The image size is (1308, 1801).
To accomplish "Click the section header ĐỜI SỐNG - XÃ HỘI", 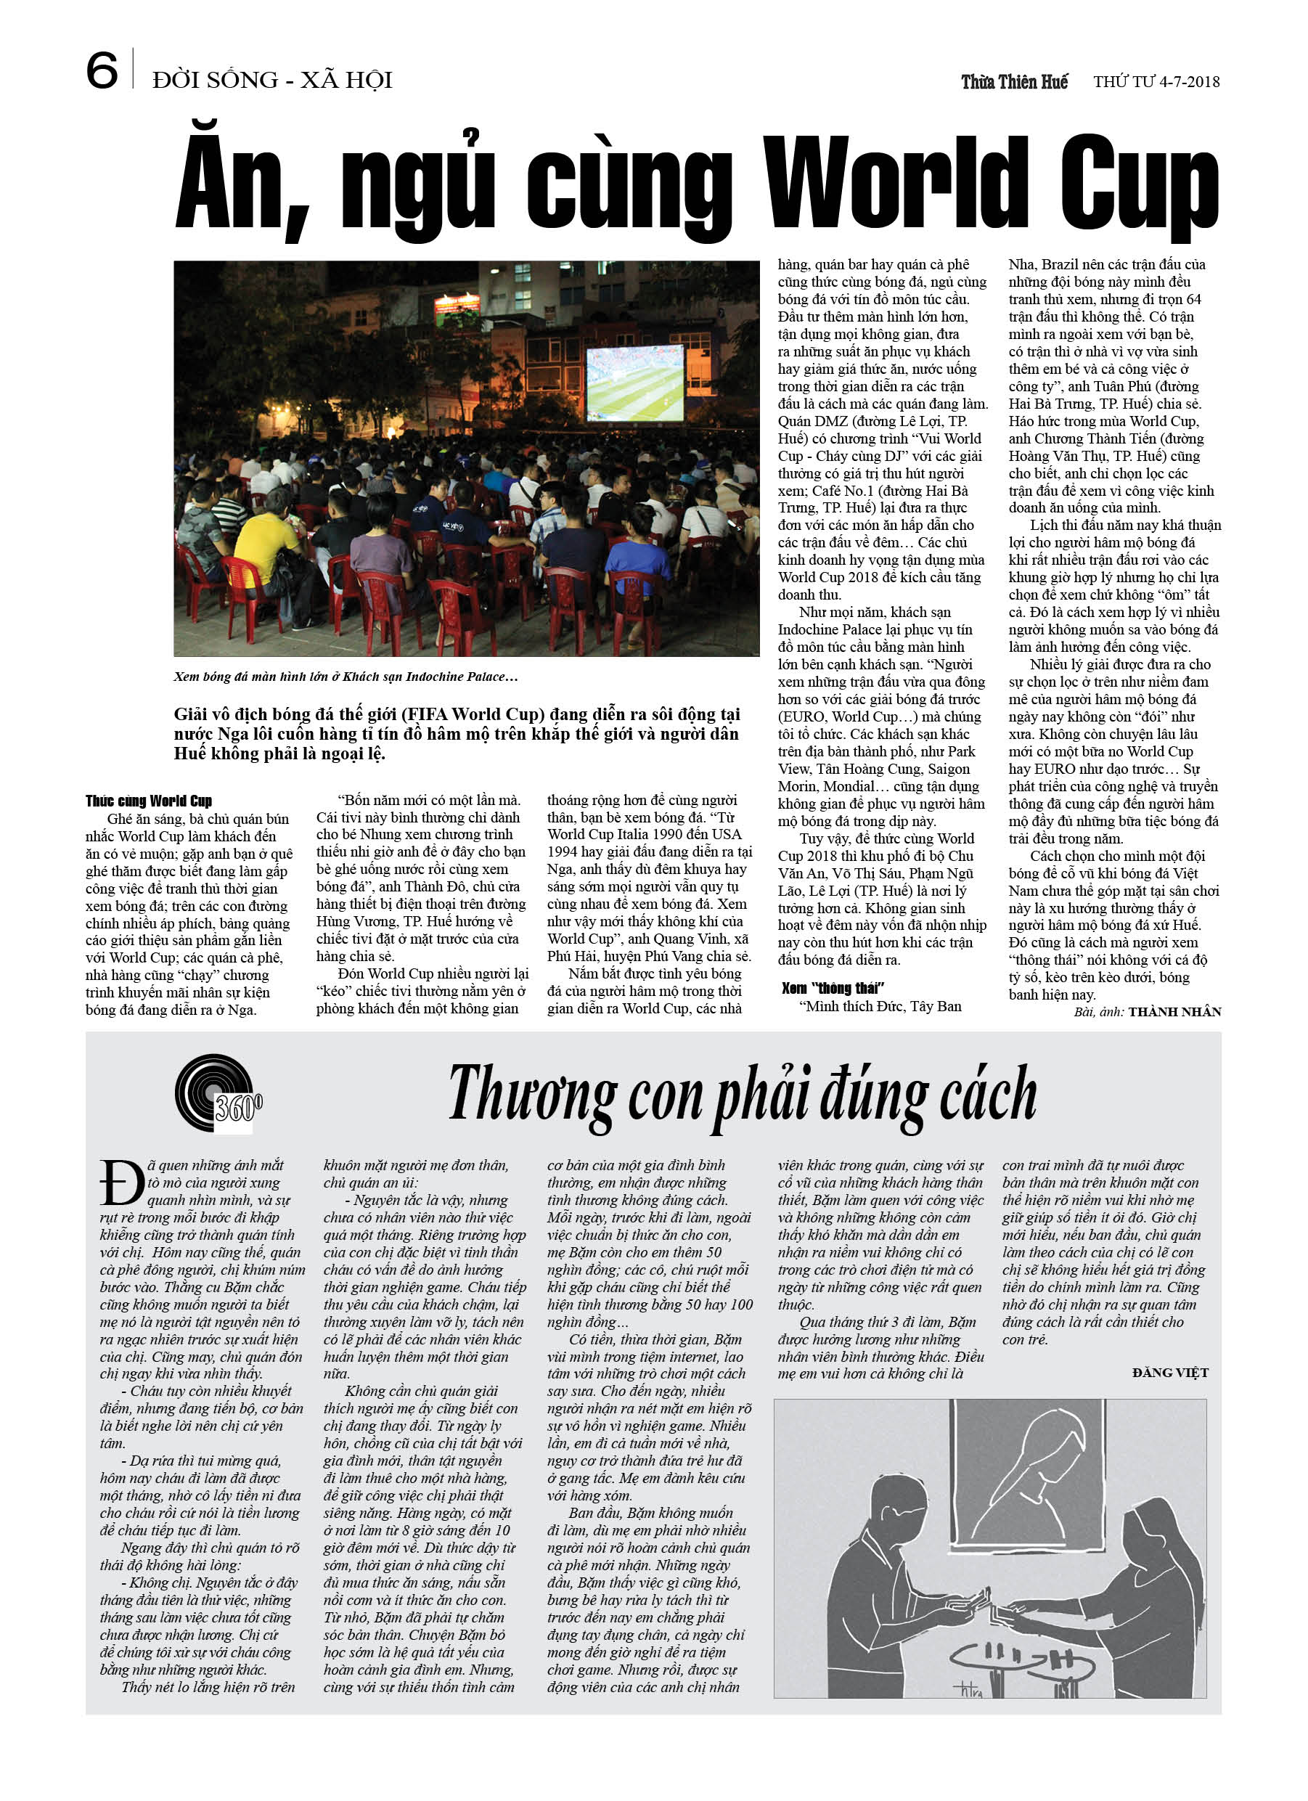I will pos(272,80).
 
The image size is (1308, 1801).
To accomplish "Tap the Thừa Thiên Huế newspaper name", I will pos(1014,82).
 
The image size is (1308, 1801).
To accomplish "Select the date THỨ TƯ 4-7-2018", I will pos(1156,82).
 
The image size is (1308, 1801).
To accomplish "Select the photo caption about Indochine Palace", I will pos(346,677).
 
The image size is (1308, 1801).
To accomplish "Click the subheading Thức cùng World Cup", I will pos(149,801).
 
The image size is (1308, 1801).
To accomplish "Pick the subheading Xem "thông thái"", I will pos(833,988).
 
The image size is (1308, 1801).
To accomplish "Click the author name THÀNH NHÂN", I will pos(1174,1012).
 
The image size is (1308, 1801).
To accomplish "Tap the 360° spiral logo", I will pos(217,1093).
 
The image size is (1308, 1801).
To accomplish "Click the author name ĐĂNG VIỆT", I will pos(1170,1372).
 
